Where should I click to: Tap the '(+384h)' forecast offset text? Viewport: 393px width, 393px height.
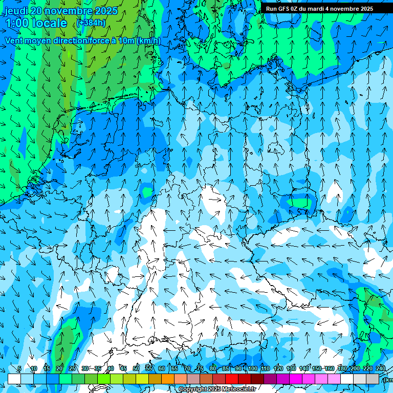[x=91, y=23]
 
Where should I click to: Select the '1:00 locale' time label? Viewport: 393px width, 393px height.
[x=36, y=23]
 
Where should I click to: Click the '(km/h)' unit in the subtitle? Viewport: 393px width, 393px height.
[x=148, y=41]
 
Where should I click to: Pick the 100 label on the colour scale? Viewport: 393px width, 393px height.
[x=252, y=369]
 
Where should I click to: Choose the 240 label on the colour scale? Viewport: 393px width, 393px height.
[x=380, y=369]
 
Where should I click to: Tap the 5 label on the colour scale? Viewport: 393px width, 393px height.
[x=19, y=369]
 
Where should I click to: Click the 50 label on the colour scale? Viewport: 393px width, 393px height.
[x=136, y=369]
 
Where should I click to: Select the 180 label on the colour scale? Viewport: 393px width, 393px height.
[x=342, y=369]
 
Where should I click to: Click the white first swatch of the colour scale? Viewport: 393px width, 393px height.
[x=14, y=379]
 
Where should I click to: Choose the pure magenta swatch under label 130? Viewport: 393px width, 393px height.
[x=296, y=379]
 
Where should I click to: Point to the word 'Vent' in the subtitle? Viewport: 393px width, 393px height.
[x=14, y=41]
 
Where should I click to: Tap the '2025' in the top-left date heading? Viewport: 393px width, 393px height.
[x=106, y=11]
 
